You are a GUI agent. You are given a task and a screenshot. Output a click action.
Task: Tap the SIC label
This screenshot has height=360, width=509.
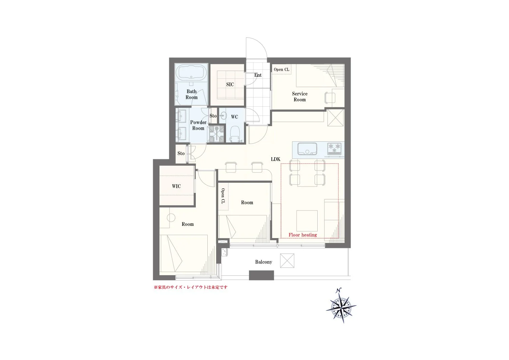point(230,85)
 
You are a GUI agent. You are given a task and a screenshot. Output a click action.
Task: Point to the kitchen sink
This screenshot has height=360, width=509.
point(307,149)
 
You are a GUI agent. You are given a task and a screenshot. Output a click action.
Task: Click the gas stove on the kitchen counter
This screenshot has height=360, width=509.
point(335,148)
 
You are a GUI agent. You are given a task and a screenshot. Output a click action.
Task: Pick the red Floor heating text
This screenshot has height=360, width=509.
point(303,235)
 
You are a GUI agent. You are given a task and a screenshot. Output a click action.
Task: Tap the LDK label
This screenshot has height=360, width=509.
point(276,159)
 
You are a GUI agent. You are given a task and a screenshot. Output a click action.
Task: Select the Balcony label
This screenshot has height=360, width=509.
point(264,262)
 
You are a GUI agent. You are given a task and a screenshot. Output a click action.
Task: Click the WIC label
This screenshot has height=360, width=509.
point(176,186)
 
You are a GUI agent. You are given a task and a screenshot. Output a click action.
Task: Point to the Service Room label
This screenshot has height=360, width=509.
point(300,96)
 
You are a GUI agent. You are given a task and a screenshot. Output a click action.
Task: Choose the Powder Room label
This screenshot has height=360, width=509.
point(198,125)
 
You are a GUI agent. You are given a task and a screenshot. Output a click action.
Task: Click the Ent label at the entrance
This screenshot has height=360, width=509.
point(258,75)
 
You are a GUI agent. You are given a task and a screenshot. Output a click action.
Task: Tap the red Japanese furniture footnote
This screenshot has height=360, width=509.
point(190,287)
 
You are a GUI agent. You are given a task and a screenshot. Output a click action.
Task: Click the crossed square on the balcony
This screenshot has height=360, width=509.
point(287,261)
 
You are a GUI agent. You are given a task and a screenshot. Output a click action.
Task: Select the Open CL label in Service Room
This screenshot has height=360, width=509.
point(282,70)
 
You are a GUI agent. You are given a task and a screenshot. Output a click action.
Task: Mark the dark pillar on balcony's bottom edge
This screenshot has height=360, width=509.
point(261,275)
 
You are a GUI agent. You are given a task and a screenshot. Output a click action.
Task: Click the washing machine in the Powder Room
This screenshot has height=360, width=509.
point(216,134)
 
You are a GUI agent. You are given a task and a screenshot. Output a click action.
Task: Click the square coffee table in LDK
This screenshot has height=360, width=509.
point(307,220)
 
